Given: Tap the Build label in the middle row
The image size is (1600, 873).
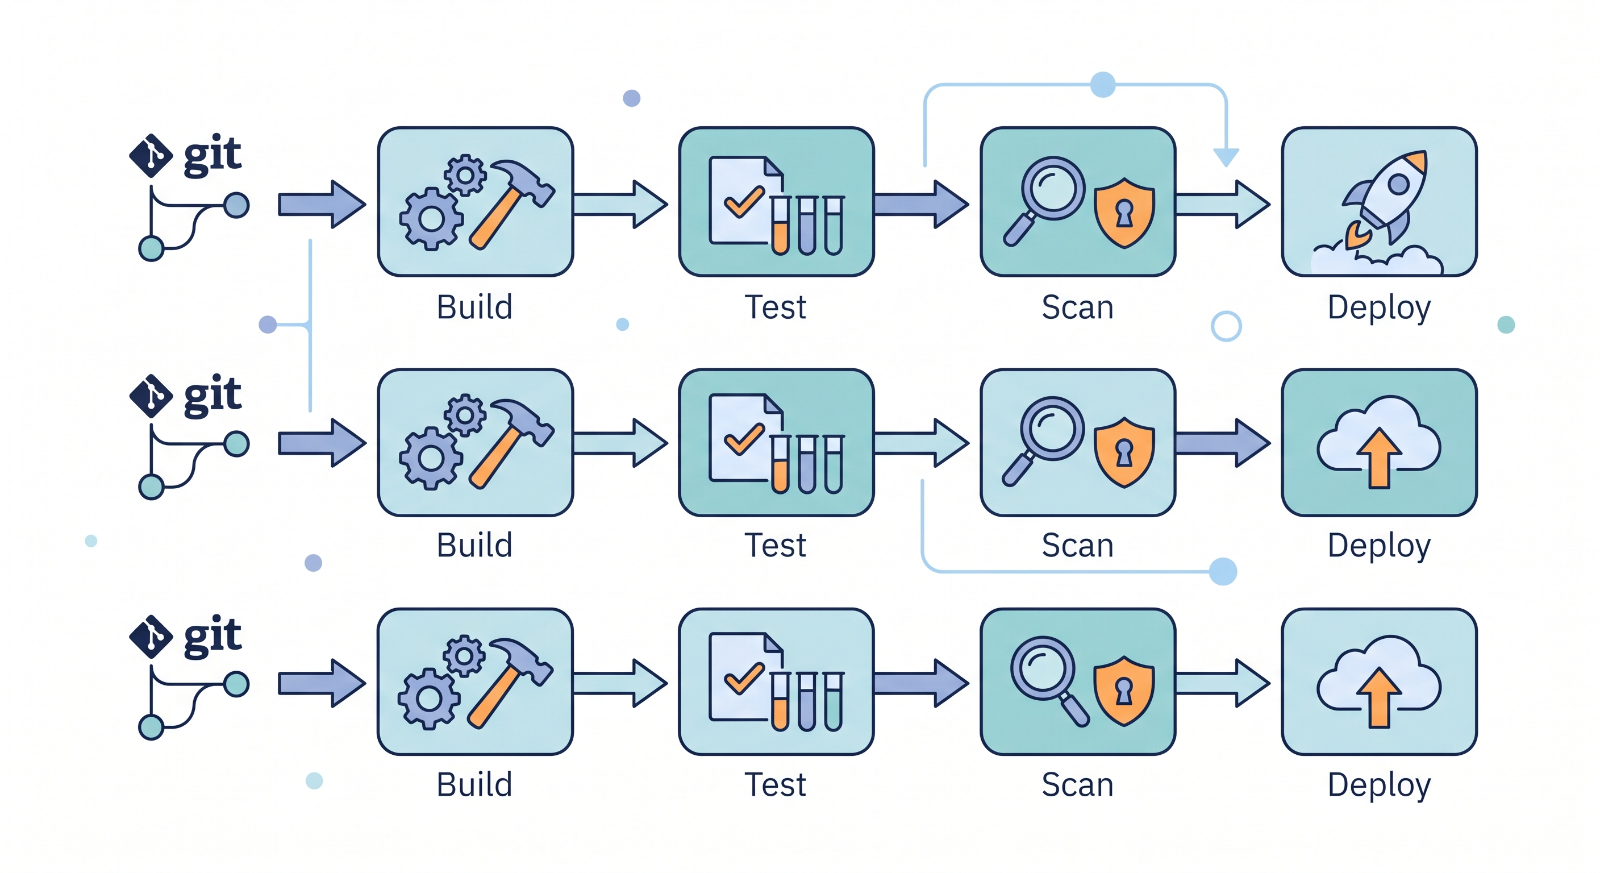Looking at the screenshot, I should point(474,546).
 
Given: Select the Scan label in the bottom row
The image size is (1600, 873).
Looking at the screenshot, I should point(1078,785).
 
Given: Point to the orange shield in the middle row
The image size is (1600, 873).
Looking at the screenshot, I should point(1124,452).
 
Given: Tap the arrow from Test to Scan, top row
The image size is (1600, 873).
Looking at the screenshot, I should point(920,204).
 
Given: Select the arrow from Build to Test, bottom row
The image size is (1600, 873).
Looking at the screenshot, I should point(620,683).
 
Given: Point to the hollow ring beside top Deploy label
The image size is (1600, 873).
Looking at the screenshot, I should point(1226,326).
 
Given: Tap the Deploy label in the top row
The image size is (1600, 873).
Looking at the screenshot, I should point(1379,307).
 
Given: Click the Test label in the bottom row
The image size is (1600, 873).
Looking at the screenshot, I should point(775,785).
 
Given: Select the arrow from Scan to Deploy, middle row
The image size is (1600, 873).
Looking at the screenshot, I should point(1222,442).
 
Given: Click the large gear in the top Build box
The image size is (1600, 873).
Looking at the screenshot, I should point(431,219).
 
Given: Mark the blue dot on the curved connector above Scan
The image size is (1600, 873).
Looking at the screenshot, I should point(1102,85).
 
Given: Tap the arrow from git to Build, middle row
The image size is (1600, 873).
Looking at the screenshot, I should point(321,442).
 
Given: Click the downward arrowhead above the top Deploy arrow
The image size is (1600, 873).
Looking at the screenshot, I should point(1226,157).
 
